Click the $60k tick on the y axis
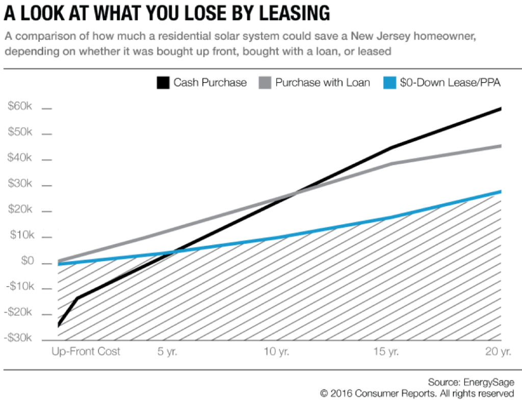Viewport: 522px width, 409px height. (x=20, y=107)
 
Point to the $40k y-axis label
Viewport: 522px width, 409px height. (x=20, y=158)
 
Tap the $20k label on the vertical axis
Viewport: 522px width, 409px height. (x=20, y=210)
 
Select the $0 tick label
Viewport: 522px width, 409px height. (x=24, y=262)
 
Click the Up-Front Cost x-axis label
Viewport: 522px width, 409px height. (x=86, y=351)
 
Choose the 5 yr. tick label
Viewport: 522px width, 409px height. (x=167, y=351)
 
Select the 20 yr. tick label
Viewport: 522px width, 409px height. (x=498, y=351)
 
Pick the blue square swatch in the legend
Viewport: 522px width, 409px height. (x=389, y=83)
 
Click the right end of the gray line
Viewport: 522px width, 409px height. (x=500, y=146)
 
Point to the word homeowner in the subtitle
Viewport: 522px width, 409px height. (x=446, y=38)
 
